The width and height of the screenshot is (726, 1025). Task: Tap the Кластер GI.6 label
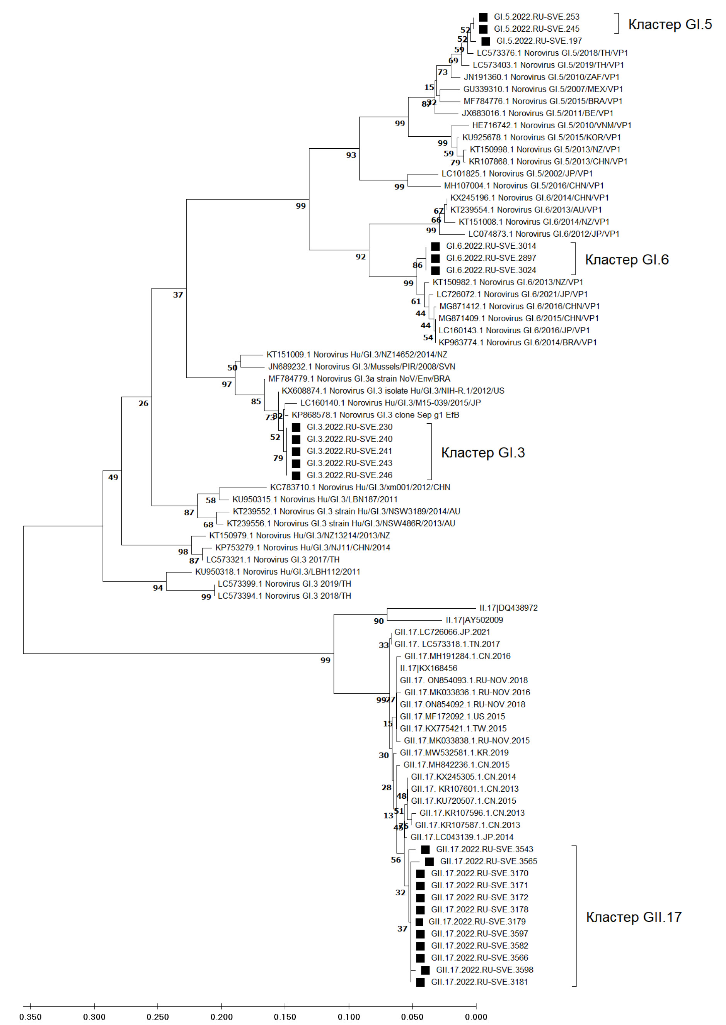627,260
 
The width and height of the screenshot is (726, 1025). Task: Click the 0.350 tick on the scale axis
31,1017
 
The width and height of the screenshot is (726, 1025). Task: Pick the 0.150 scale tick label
285,1017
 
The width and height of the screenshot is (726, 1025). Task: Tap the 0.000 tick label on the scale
476,1017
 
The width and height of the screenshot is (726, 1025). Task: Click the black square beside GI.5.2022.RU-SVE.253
483,17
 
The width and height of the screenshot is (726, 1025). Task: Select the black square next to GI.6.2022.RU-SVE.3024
435,270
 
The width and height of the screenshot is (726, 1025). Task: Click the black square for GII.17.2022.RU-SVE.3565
429,862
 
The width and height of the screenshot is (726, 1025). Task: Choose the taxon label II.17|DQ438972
508,608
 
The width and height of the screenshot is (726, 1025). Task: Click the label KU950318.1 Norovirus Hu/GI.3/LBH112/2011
277,572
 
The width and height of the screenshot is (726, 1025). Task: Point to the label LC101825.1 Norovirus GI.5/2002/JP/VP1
517,173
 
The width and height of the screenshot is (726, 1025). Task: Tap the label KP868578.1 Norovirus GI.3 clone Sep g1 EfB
375,415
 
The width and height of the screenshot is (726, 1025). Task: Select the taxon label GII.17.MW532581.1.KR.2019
454,753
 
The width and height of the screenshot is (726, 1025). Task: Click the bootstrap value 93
351,155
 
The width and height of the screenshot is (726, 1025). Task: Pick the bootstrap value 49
113,477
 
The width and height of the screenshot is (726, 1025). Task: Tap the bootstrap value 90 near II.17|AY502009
378,621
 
